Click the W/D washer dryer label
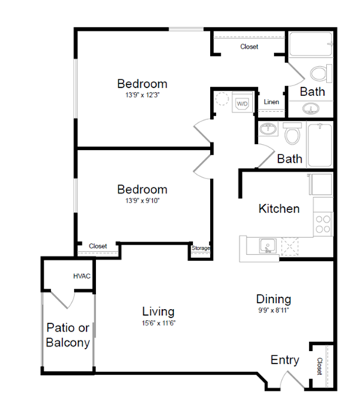242,103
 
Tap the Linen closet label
271,103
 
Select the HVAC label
82,276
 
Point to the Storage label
200,248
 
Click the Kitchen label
279,208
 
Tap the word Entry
285,360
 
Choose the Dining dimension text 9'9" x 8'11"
273,310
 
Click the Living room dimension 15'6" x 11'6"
158,323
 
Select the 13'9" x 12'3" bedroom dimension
142,95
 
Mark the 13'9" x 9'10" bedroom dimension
142,202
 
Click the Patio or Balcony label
68,335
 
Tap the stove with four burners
323,223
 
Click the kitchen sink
266,246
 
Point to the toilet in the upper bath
320,73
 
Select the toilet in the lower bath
292,135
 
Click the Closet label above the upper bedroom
249,46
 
